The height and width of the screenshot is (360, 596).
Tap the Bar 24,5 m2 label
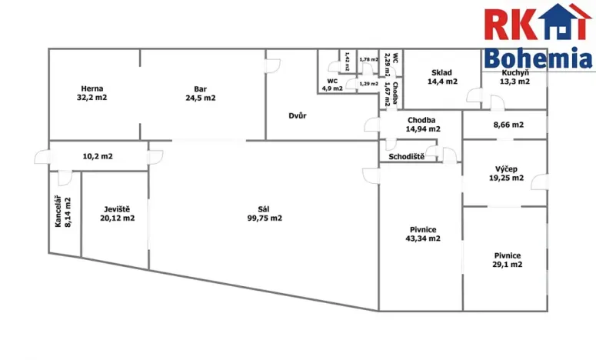pos(200,94)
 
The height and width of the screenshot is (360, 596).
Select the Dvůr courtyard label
pos(298,115)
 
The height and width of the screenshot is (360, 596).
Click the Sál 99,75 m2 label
pos(265,214)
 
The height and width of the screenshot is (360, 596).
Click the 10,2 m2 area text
pos(98,156)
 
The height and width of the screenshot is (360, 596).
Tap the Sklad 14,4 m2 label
pos(442,77)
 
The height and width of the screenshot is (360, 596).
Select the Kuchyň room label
pos(515,73)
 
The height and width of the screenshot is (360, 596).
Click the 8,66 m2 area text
pos(508,125)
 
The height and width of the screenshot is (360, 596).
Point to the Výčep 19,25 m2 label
pos(506,173)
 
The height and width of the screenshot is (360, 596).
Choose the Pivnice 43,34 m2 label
pos(423,234)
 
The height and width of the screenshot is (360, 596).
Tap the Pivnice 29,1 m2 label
pos(508,260)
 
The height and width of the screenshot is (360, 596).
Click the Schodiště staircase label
pos(406,157)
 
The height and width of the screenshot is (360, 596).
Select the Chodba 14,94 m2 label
pos(423,125)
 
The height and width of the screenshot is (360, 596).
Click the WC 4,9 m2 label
pos(332,85)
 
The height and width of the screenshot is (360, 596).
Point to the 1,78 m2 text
pos(368,60)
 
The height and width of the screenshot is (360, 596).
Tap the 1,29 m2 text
pos(368,84)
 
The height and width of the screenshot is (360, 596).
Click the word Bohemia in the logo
pos(538,58)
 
